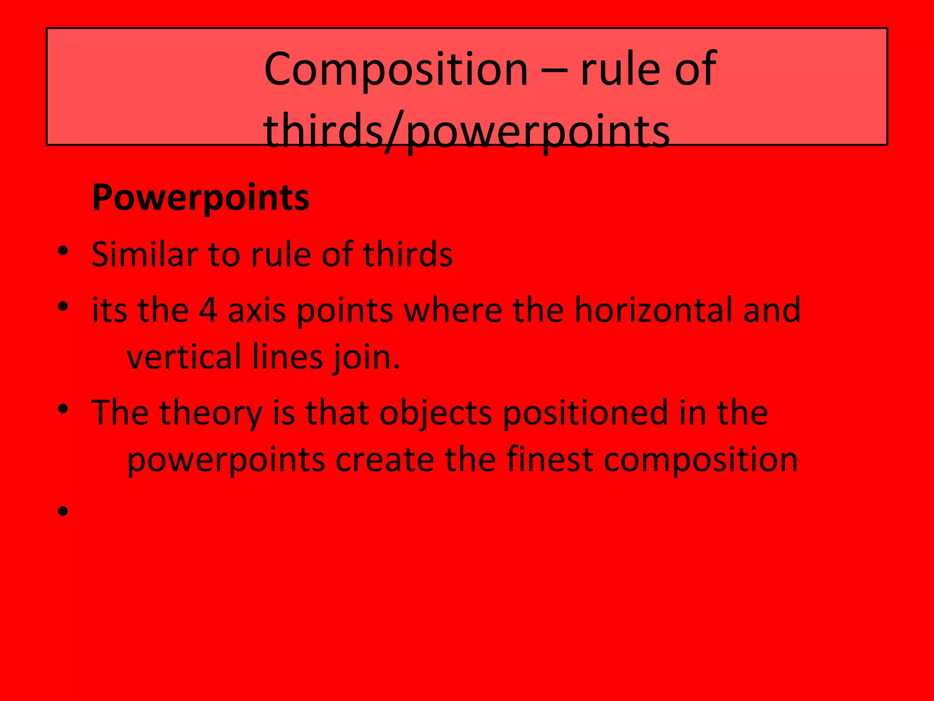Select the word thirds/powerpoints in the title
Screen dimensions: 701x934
pos(466,131)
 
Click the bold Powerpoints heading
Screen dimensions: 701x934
pos(201,198)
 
